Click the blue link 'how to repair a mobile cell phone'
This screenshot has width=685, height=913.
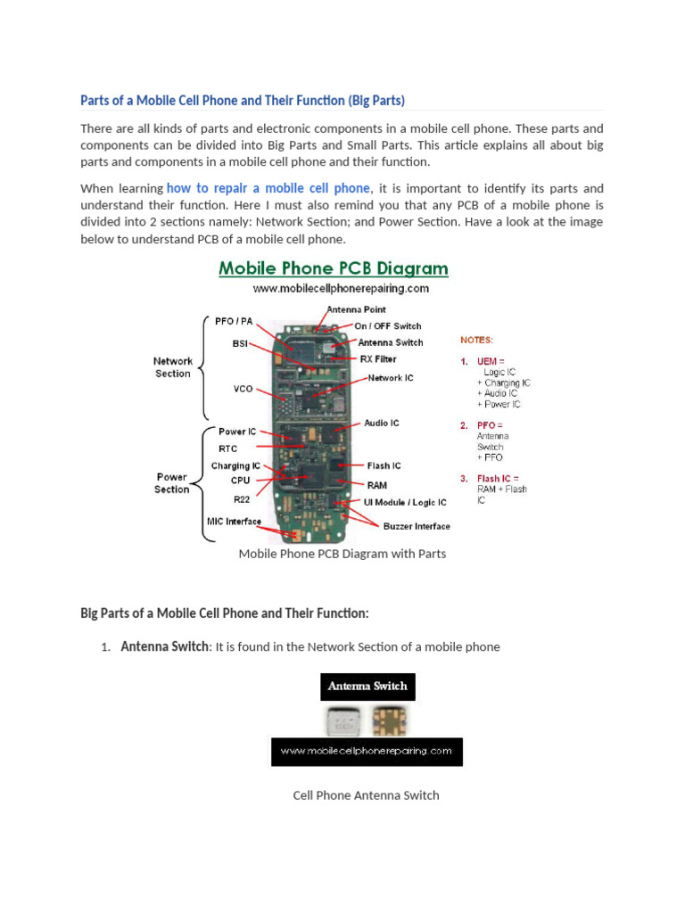pyautogui.click(x=268, y=188)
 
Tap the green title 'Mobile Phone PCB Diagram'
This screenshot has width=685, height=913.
pyautogui.click(x=334, y=268)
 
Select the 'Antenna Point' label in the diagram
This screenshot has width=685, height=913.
pyautogui.click(x=356, y=309)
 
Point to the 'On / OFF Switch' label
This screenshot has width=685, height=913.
pyautogui.click(x=388, y=326)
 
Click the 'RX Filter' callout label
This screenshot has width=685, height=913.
pyautogui.click(x=378, y=359)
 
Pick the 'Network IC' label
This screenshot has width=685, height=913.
pyautogui.click(x=391, y=378)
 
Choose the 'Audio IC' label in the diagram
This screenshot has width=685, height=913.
pyautogui.click(x=382, y=423)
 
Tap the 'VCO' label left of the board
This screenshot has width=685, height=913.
pyautogui.click(x=243, y=390)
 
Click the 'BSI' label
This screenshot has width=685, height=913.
pyautogui.click(x=241, y=342)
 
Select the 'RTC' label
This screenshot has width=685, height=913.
pyautogui.click(x=228, y=448)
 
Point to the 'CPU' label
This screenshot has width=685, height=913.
pyautogui.click(x=240, y=480)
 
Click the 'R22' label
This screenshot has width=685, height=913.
pyautogui.click(x=242, y=499)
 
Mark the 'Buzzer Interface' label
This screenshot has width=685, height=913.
pyautogui.click(x=417, y=526)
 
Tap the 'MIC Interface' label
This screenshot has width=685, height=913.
pyautogui.click(x=235, y=522)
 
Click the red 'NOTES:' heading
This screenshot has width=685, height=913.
pyautogui.click(x=476, y=340)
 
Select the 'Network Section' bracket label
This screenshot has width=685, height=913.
pyautogui.click(x=173, y=367)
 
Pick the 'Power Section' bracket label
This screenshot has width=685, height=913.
pyautogui.click(x=172, y=483)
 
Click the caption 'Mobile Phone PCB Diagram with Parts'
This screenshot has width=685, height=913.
pyautogui.click(x=342, y=554)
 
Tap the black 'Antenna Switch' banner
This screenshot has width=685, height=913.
pyautogui.click(x=367, y=687)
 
